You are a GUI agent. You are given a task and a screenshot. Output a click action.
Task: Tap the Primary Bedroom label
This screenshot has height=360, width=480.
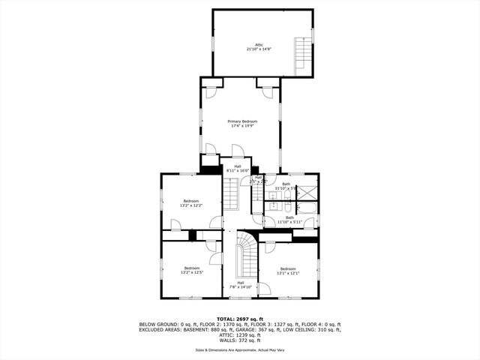[242, 121]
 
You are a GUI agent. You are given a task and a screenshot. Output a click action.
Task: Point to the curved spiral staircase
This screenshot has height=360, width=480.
[246, 255]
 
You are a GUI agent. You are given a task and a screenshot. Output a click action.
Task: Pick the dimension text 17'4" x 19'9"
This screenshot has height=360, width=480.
[242, 127]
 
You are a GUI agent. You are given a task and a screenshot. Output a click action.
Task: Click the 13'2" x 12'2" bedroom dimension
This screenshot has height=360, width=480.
[191, 205]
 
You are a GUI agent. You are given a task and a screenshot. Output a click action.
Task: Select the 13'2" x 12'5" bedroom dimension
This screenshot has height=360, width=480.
[192, 273]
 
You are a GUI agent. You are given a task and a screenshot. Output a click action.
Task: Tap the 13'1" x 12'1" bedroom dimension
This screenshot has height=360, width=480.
[289, 273]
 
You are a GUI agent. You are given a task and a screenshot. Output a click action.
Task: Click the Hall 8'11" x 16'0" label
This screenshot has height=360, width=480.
[238, 169]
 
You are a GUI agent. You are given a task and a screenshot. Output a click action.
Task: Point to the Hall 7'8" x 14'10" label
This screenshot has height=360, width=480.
[241, 285]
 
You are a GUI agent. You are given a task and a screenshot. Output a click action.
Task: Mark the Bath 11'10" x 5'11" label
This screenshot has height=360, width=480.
[289, 220]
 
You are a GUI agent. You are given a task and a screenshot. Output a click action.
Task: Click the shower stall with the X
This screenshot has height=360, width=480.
[307, 191]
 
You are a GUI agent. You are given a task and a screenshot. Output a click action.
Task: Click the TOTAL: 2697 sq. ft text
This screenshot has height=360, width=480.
[240, 319]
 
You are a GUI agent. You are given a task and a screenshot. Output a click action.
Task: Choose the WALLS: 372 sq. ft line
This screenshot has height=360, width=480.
[240, 341]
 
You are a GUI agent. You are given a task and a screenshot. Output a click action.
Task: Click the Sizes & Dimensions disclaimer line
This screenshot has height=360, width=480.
[240, 350]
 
